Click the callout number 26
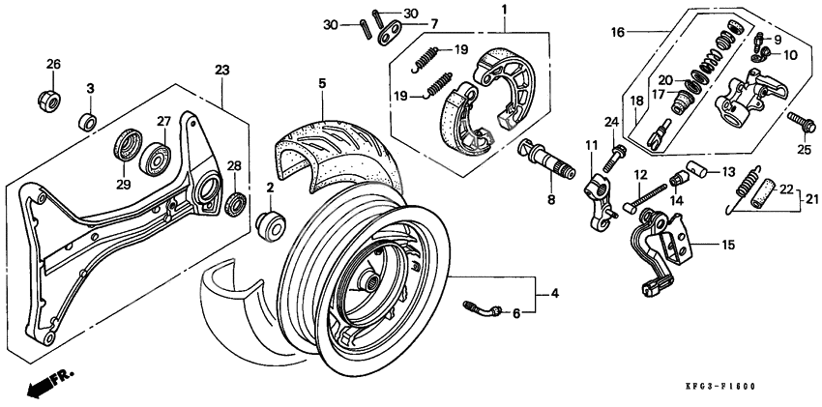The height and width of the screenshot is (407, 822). [53, 65]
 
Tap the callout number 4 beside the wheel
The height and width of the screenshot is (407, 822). [554, 292]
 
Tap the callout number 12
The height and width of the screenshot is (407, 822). [639, 175]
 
